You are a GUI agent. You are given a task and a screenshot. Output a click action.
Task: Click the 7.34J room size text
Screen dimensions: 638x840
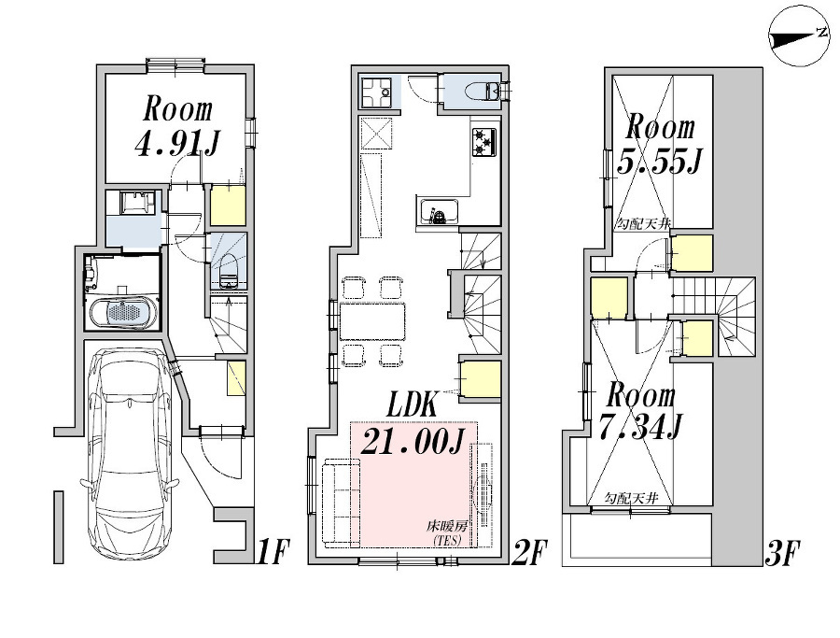pyautogui.click(x=644, y=427)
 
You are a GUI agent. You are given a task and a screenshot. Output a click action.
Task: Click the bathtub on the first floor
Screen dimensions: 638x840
pyautogui.click(x=124, y=312)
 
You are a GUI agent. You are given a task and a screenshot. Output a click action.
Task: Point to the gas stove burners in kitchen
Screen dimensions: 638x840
pyautogui.click(x=484, y=141)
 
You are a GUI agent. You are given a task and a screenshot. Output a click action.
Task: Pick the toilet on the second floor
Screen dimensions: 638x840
pyautogui.click(x=484, y=91)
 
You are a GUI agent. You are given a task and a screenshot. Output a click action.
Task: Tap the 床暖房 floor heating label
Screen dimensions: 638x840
pyautogui.click(x=449, y=532)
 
